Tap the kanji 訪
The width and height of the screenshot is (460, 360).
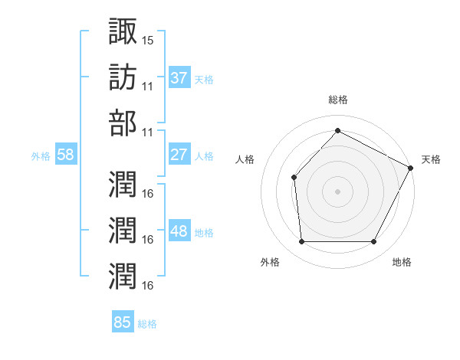123,77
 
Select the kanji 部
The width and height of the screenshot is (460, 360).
123,123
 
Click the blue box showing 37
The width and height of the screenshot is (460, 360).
179,78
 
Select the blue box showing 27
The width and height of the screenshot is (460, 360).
179,155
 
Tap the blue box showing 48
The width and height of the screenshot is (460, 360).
179,231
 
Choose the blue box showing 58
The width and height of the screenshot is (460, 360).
66,155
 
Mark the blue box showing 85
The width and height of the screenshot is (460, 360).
123,322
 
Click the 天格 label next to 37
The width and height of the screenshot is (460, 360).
204,79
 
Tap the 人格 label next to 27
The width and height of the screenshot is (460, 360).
204,155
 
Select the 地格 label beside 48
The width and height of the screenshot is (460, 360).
204,232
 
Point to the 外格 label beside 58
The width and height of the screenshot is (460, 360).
41,155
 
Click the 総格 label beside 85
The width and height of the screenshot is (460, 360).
147,323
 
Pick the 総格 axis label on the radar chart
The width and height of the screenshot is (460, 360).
337,100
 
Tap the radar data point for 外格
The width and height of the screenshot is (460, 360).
301,242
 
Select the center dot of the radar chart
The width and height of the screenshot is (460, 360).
337,191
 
